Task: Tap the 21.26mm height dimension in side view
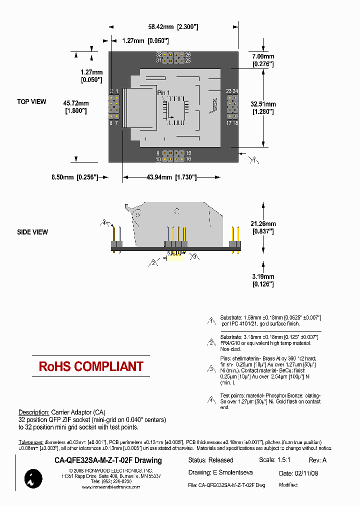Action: click(263, 227)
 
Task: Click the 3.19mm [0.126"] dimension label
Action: click(263, 280)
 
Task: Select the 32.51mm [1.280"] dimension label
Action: click(263, 108)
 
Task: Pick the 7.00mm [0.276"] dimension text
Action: click(263, 60)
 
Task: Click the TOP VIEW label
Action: click(31, 102)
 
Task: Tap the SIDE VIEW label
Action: click(32, 232)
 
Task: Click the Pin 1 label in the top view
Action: click(163, 93)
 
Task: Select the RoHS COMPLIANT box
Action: click(91, 366)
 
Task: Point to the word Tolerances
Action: click(30, 442)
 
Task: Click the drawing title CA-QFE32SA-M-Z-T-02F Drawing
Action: click(107, 460)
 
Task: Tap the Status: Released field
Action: click(210, 460)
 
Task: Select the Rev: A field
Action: click(317, 460)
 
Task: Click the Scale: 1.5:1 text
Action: click(274, 460)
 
